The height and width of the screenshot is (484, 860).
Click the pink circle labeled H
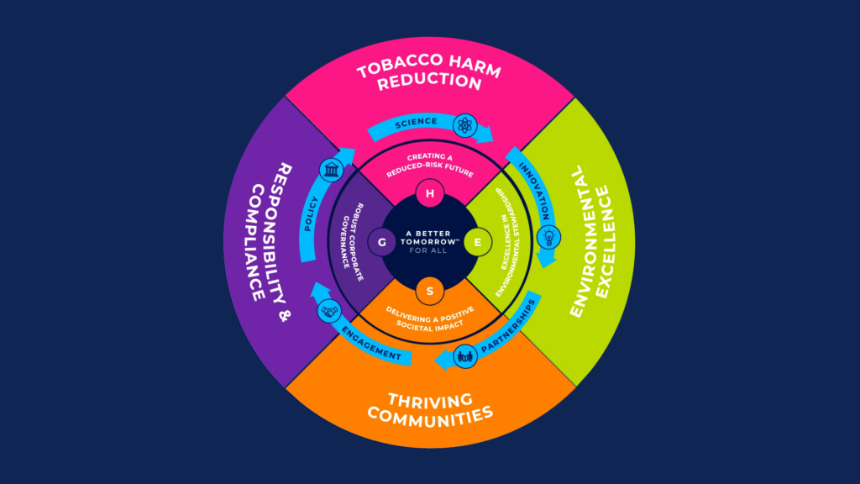[x=430, y=194]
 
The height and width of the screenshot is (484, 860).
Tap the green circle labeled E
[x=478, y=242]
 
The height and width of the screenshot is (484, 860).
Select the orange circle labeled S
[x=430, y=291]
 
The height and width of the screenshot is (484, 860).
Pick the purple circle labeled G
[x=382, y=242]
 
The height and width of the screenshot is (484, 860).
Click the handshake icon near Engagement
[x=329, y=309]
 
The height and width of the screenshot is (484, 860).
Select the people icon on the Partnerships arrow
[x=464, y=357]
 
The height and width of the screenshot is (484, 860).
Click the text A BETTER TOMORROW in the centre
[x=430, y=238]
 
